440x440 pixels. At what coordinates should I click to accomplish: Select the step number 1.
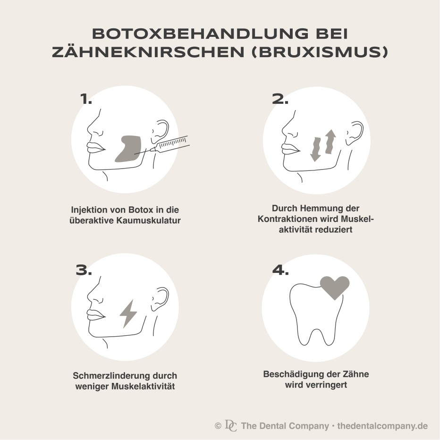(x=86, y=99)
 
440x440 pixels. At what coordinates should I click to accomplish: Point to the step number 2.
(x=280, y=99)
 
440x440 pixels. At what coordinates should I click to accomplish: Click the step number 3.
(x=84, y=270)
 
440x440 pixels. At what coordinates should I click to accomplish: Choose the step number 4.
(x=280, y=270)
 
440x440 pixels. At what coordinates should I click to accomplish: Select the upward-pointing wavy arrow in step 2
(x=330, y=142)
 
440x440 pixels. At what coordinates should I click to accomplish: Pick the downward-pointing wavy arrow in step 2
(x=316, y=150)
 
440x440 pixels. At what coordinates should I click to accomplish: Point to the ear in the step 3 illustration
(x=161, y=299)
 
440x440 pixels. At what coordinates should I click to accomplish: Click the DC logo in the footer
(x=231, y=425)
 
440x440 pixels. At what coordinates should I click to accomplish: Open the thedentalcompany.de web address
(x=382, y=426)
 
